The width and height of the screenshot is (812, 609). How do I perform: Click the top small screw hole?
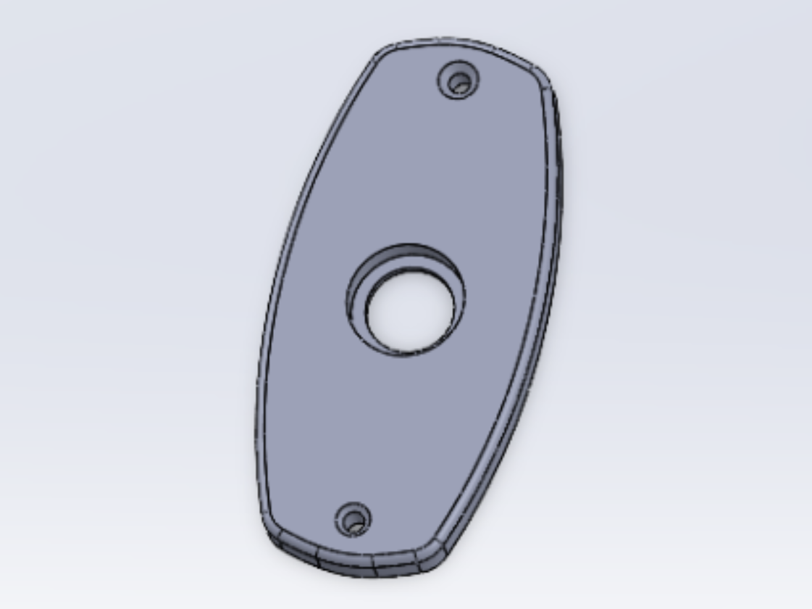tap(459, 83)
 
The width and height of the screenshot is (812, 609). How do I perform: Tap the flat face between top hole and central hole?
tap(435, 167)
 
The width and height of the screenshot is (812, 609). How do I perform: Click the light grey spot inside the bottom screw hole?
tap(354, 521)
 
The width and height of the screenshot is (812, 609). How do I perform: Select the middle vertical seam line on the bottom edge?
tap(374, 565)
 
